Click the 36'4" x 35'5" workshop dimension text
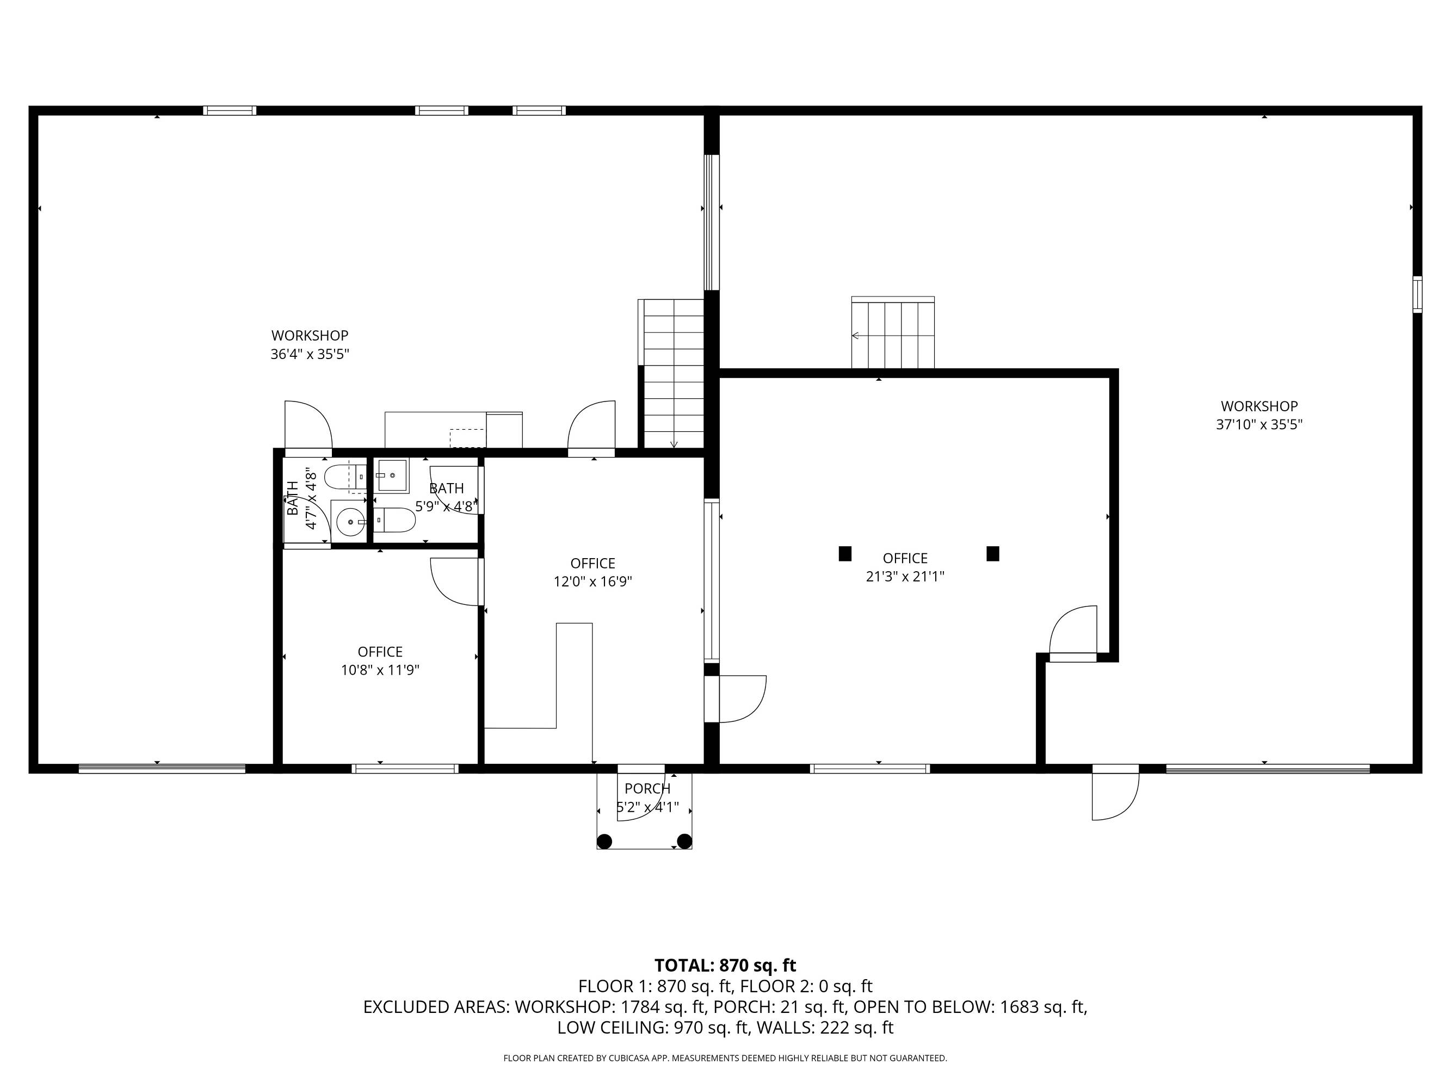pyautogui.click(x=310, y=355)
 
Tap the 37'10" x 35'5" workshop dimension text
pyautogui.click(x=1259, y=424)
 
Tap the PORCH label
pyautogui.click(x=647, y=788)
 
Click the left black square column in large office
pyautogui.click(x=845, y=553)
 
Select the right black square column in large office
pyautogui.click(x=992, y=553)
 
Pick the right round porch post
pyautogui.click(x=684, y=841)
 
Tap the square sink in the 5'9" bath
pyautogui.click(x=392, y=475)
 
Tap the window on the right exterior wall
pyautogui.click(x=1417, y=294)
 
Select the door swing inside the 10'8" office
pyautogui.click(x=454, y=582)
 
